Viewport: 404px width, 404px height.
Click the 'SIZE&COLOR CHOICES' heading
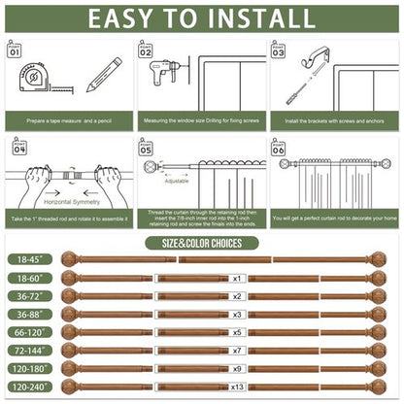tap(201, 243)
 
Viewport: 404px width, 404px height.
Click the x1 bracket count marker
tap(236, 278)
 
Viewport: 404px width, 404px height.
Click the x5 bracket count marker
tap(236, 331)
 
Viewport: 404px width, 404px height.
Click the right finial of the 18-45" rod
tap(378, 260)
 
